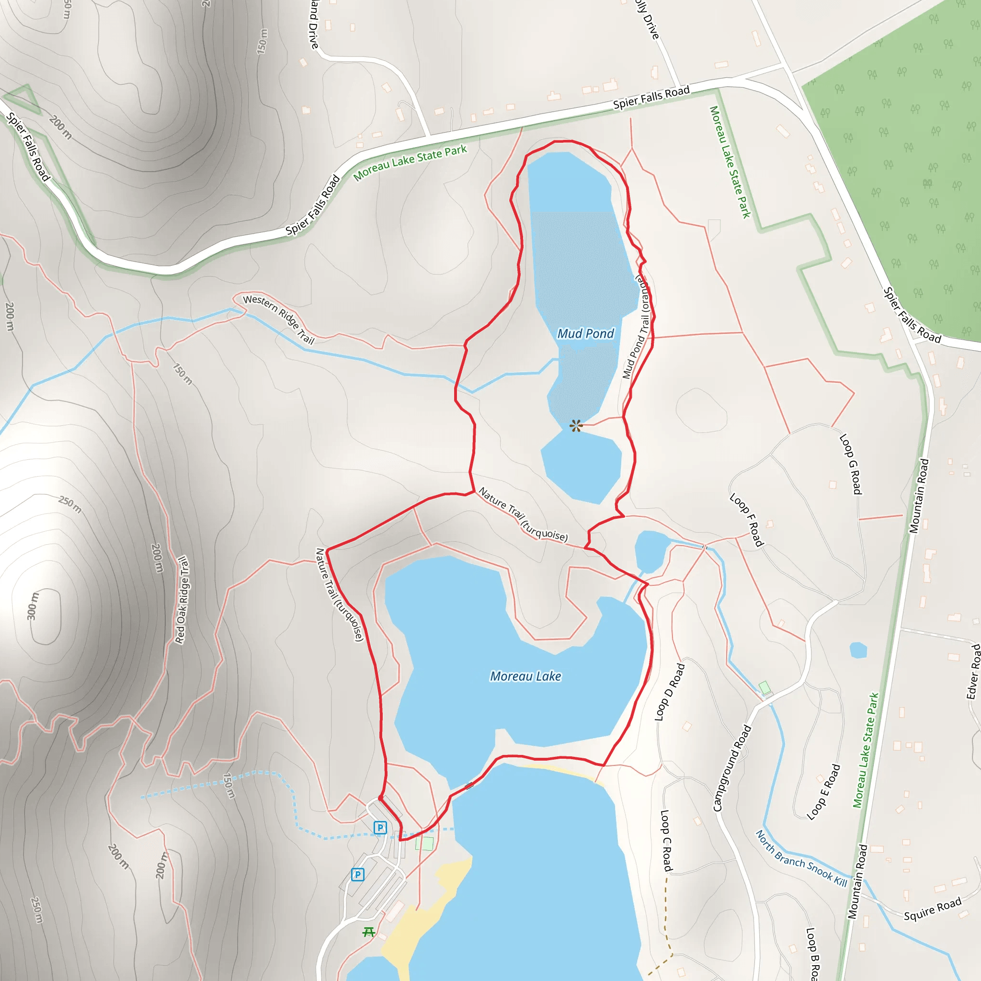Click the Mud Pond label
coord(585,333)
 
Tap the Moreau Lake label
coord(525,676)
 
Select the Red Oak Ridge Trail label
coord(182,600)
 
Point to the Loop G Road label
coord(851,464)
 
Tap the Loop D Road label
coord(670,692)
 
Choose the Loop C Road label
coord(666,840)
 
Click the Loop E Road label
coord(823,792)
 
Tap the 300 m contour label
coord(33,606)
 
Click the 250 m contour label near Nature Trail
coord(69,504)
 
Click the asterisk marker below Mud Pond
coord(575,425)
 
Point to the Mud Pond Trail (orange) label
coord(637,328)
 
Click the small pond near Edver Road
coord(858,650)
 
